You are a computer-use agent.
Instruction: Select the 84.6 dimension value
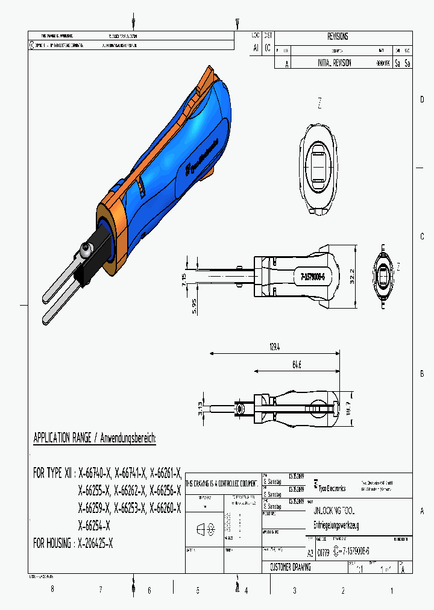click(x=297, y=365)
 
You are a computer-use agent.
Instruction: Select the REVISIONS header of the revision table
click(x=338, y=37)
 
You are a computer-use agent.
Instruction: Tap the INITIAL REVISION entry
click(x=335, y=63)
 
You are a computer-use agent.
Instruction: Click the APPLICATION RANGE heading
click(x=95, y=438)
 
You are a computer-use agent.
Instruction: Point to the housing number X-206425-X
click(x=96, y=543)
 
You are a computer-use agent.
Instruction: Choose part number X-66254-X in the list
click(x=95, y=524)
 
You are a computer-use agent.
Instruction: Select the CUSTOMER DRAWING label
click(x=291, y=568)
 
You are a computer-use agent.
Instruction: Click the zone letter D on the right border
click(x=422, y=99)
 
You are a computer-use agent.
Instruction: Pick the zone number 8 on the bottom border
click(x=52, y=590)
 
